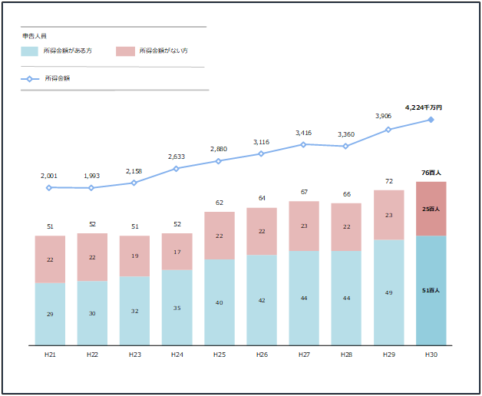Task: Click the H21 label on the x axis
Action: (50, 354)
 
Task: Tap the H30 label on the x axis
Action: (431, 354)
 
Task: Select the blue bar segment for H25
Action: (220, 302)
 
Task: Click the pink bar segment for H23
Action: (134, 256)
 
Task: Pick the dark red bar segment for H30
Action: (431, 209)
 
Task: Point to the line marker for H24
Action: (177, 169)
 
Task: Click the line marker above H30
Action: (431, 120)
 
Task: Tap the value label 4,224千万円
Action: (424, 108)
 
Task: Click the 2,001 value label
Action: (49, 176)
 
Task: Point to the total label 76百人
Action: (431, 173)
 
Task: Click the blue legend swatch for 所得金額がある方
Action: (29, 51)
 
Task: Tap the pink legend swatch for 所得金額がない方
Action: (125, 51)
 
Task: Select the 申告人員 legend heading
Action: (34, 36)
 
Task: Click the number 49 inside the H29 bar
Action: (388, 292)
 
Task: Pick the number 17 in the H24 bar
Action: (177, 252)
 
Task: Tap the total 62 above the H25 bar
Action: (220, 203)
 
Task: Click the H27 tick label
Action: (304, 354)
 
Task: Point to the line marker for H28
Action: (346, 146)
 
